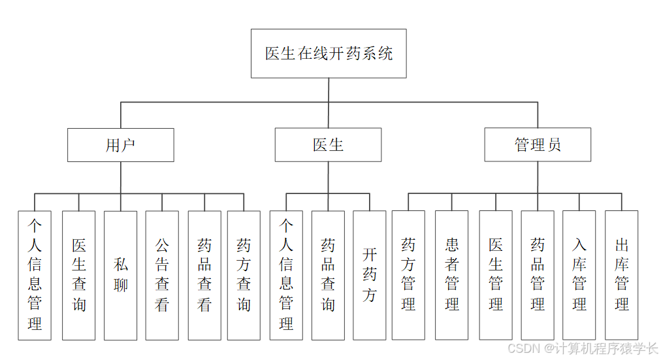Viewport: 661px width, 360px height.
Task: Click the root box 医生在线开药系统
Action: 329,54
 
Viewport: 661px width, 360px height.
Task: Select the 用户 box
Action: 121,145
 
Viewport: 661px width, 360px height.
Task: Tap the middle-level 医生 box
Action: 328,145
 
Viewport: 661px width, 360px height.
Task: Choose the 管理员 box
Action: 538,145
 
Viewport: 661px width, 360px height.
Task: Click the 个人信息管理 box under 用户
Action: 35,275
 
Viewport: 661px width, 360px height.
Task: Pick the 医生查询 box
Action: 79,275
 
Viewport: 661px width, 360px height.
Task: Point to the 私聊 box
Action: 121,275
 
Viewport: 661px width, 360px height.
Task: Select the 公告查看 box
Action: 162,275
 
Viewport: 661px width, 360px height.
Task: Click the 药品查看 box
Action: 204,275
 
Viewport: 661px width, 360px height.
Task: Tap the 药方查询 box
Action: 244,275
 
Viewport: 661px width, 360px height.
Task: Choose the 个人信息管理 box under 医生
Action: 286,275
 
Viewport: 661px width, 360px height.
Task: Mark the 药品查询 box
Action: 328,275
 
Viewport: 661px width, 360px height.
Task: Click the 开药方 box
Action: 370,275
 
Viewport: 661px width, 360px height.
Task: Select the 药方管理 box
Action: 408,275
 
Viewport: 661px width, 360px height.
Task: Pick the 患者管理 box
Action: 452,275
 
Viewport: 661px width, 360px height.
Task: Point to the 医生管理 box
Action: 496,275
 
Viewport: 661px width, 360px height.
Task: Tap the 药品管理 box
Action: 538,275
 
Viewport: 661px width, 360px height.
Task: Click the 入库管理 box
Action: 579,275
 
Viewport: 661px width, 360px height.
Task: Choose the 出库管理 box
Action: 621,275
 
